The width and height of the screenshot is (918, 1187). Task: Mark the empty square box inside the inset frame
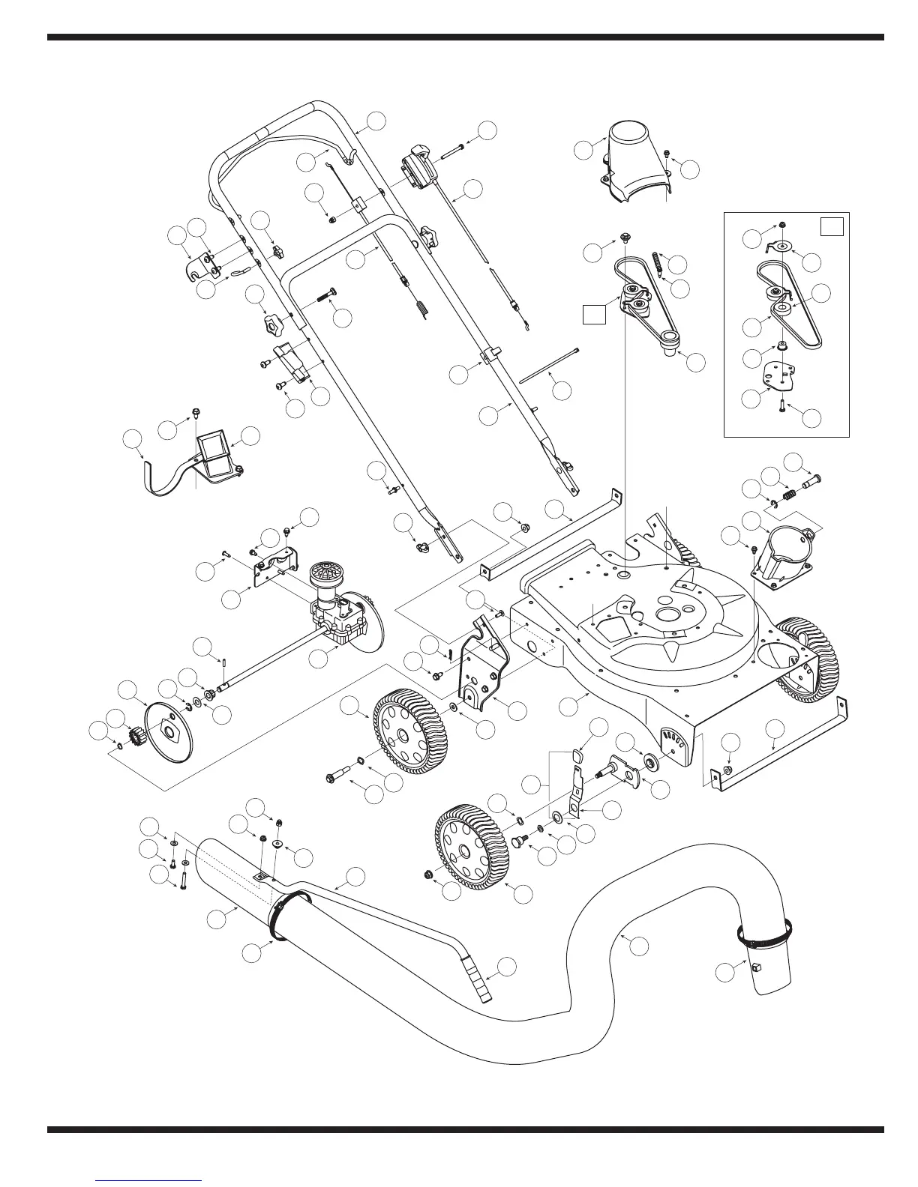tap(832, 226)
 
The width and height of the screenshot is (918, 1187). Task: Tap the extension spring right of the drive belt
tap(658, 265)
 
